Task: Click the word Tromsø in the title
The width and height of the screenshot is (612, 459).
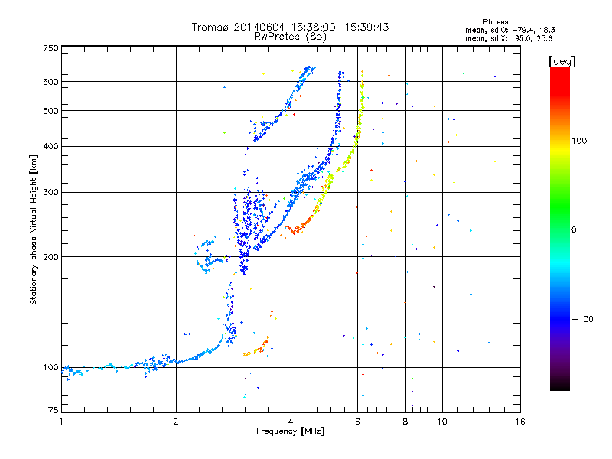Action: point(210,27)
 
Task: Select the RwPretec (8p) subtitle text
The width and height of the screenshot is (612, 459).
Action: point(290,37)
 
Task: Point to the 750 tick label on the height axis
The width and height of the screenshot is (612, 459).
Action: point(51,48)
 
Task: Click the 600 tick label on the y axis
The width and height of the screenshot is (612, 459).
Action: point(51,82)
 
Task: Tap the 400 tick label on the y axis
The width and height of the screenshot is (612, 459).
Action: point(51,147)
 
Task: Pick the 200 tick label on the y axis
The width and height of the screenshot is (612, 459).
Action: point(51,257)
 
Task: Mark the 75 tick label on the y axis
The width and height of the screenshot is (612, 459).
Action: point(54,410)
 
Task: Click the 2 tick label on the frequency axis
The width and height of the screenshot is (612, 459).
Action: point(176,422)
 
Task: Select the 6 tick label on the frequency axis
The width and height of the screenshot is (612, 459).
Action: point(357,422)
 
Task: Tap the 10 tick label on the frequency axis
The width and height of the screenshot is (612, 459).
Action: point(442,422)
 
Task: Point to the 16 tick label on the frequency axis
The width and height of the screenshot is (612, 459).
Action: point(520,422)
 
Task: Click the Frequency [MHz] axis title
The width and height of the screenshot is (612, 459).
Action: point(291,431)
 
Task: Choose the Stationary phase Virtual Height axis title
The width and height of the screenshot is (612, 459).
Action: point(34,230)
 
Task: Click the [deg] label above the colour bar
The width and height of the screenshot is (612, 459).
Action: point(562,61)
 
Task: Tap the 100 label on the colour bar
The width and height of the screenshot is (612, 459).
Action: point(579,141)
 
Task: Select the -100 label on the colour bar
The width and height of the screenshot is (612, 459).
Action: point(582,319)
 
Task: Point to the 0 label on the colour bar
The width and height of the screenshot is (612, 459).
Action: point(574,230)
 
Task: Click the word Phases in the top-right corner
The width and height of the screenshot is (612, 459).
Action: point(495,22)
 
